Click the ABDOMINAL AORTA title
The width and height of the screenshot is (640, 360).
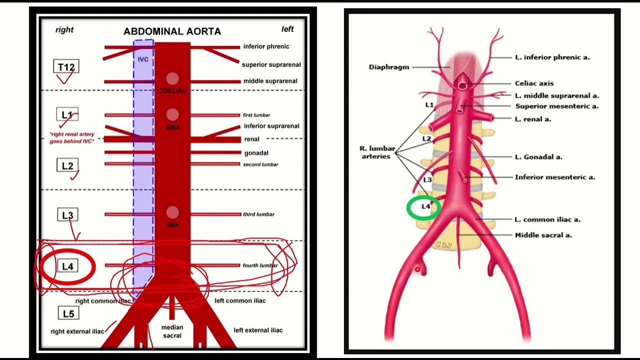172,31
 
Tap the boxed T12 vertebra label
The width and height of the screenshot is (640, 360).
66,66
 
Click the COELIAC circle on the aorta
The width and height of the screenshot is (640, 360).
172,78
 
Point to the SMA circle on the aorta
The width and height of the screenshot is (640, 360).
172,114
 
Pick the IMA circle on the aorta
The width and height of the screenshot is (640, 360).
172,212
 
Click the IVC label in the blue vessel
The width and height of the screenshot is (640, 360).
143,59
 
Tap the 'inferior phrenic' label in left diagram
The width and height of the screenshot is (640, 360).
266,46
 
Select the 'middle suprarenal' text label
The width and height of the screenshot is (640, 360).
270,81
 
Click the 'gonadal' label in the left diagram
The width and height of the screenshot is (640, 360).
256,152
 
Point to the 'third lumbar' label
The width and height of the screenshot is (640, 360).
258,214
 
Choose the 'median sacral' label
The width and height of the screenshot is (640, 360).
172,331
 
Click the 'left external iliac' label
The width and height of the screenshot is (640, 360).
258,330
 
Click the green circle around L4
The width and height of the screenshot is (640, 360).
423,207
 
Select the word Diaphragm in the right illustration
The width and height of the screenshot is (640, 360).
389,67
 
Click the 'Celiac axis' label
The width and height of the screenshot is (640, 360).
534,83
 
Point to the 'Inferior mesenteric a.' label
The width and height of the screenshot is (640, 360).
554,177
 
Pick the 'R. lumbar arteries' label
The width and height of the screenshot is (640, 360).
377,152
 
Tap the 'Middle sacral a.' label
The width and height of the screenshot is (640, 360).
543,235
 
